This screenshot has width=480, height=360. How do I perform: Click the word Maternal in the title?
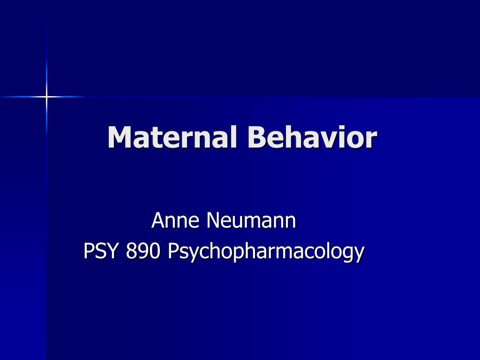tap(172, 138)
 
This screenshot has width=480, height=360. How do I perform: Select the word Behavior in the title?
tap(312, 138)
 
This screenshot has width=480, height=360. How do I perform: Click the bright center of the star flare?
tap(46, 97)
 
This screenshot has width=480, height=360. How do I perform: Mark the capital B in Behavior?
tap(257, 138)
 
